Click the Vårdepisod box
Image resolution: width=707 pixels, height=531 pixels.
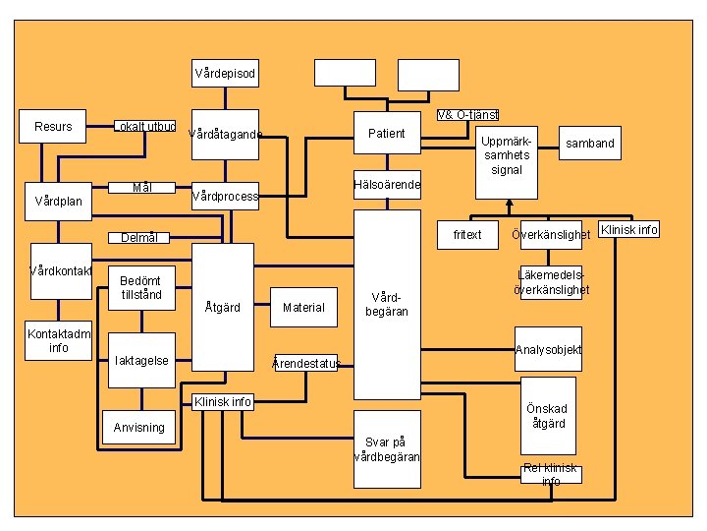pos(225,74)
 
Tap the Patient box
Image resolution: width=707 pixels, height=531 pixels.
pos(387,134)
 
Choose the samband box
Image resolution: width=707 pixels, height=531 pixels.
pos(589,144)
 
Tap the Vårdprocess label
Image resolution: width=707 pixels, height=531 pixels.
pos(225,196)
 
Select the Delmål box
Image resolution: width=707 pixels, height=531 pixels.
pos(138,237)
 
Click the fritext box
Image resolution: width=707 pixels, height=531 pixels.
pos(467,235)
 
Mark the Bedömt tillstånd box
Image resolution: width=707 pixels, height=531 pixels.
pos(141,287)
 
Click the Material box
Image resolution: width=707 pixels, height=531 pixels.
pos(302,308)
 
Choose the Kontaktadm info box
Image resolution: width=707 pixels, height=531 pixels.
pos(59,340)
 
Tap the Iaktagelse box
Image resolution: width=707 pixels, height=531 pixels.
pos(141,361)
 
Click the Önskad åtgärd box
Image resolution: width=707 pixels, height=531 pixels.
pos(549,416)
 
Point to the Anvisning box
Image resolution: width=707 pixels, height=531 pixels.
pos(139,428)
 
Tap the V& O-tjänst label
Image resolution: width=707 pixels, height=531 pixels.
pos(467,115)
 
